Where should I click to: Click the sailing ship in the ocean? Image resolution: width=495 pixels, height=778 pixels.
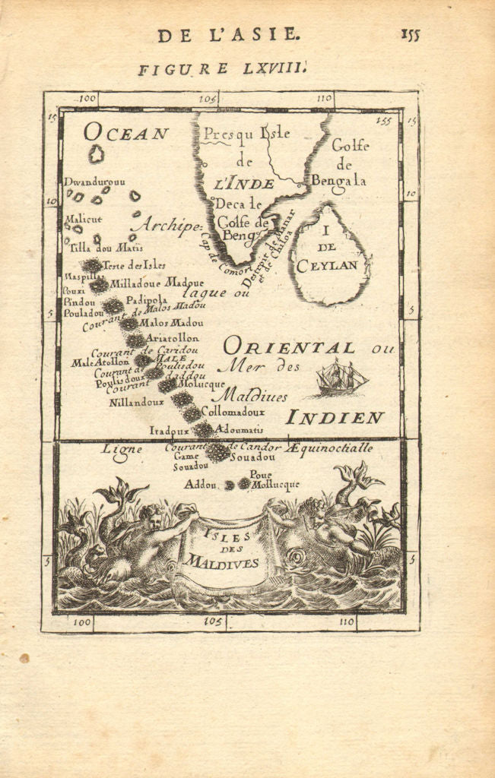(x=341, y=378)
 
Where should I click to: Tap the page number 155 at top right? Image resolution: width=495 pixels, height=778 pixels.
(x=408, y=34)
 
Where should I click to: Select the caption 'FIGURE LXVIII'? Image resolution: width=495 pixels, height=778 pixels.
(x=222, y=70)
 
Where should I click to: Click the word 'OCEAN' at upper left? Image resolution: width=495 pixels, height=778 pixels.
(x=125, y=134)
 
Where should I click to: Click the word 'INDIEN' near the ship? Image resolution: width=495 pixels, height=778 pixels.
(x=335, y=418)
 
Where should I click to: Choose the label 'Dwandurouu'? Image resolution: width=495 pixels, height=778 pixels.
(x=94, y=182)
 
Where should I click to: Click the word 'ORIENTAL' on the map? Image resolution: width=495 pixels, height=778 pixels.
(x=289, y=348)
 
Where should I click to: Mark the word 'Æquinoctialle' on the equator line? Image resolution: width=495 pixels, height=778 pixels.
(x=329, y=448)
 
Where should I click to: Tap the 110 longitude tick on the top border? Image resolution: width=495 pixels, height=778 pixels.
(x=324, y=99)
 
